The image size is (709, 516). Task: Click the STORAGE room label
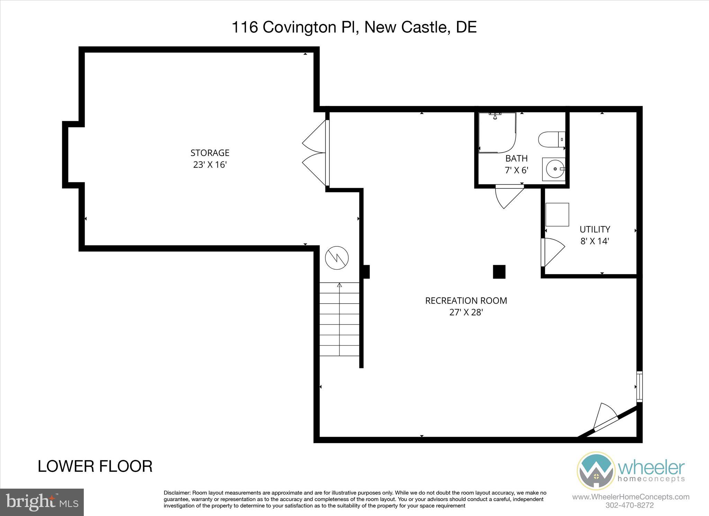(210, 153)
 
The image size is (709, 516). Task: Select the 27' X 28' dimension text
(466, 312)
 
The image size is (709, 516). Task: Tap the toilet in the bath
(550, 139)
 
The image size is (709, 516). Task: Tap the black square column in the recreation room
(499, 272)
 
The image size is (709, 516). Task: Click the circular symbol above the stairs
(337, 258)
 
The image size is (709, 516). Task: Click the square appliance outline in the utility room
(557, 215)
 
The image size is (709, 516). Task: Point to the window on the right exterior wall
(639, 386)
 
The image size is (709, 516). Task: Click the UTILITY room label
(595, 229)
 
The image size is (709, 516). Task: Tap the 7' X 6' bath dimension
(516, 170)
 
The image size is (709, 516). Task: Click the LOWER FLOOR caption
(95, 466)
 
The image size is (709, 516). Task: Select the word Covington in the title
(299, 27)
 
